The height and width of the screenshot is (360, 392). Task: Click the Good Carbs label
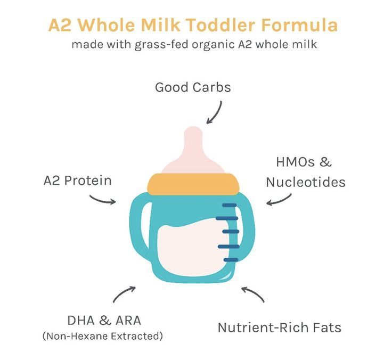193,87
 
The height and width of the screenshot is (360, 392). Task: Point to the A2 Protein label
78,181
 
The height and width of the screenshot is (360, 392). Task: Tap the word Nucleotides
306,182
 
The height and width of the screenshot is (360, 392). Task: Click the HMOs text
295,162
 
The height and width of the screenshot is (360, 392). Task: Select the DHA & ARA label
104,321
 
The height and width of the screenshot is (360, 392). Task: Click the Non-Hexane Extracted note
103,336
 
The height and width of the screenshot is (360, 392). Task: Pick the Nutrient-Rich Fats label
280,328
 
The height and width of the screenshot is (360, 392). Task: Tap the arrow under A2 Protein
102,200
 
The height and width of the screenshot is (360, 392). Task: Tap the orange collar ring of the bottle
193,184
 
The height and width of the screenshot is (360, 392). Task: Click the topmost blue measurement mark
229,205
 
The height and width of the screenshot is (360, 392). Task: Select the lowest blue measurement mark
231,260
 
